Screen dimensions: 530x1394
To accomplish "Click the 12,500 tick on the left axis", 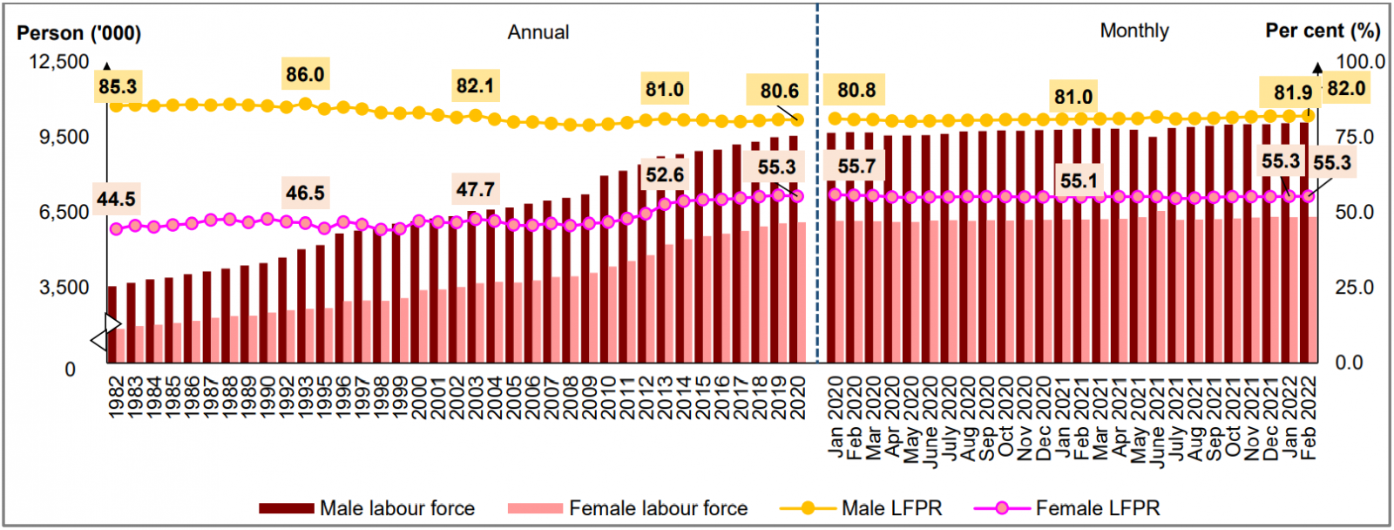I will pyautogui.click(x=59, y=62).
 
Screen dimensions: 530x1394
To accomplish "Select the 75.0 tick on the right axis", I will pyautogui.click(x=1354, y=138).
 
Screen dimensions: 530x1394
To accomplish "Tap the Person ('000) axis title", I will pyautogui.click(x=78, y=33).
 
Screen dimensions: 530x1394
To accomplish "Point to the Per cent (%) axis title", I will pyautogui.click(x=1322, y=31).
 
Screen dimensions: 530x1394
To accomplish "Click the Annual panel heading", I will pyautogui.click(x=538, y=32).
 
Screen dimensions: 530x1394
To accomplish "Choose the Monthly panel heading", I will pyautogui.click(x=1133, y=31).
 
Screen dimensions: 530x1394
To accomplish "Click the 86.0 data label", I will pyautogui.click(x=304, y=75).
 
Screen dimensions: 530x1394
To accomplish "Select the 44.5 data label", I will pyautogui.click(x=116, y=200).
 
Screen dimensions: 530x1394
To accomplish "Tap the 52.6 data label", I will pyautogui.click(x=664, y=175).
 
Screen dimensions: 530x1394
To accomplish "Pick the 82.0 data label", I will pyautogui.click(x=1345, y=89).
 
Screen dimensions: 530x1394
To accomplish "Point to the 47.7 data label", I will pyautogui.click(x=475, y=189).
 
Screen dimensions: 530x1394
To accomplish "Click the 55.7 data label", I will pyautogui.click(x=856, y=166).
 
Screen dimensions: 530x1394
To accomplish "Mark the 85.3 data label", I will pyautogui.click(x=118, y=87).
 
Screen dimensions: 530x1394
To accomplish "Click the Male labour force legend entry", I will pyautogui.click(x=367, y=508).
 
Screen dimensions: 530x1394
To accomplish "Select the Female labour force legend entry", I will pyautogui.click(x=627, y=508).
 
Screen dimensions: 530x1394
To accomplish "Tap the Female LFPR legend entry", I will pyautogui.click(x=1066, y=508).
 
